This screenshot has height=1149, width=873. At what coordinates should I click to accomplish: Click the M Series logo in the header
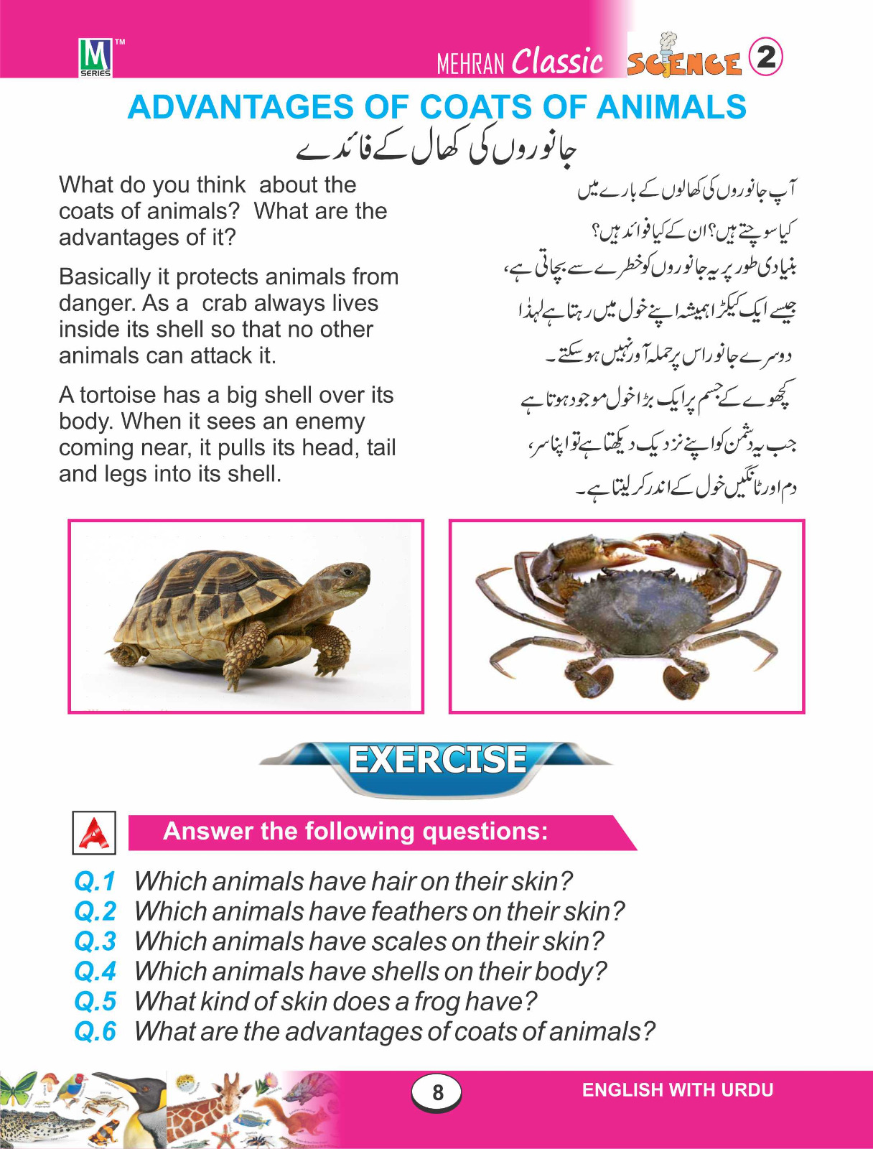95,57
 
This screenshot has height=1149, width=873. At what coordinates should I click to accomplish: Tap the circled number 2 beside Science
765,57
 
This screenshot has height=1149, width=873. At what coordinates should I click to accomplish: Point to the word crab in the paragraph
224,303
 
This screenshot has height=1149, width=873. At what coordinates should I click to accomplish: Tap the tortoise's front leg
244,650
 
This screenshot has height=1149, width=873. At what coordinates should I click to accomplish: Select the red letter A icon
94,833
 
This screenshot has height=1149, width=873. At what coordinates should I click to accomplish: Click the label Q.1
95,881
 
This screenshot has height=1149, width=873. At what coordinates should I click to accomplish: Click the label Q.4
95,972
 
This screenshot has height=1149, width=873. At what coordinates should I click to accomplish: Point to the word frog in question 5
437,1002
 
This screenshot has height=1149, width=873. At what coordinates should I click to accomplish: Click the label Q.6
95,1032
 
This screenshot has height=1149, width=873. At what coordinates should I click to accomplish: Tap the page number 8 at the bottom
436,1092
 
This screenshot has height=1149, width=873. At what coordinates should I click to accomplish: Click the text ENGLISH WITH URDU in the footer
677,1090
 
